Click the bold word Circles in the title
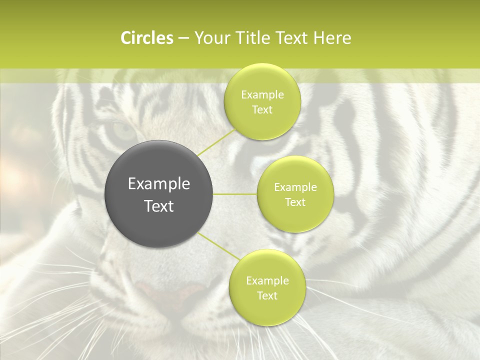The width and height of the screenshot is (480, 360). [147, 38]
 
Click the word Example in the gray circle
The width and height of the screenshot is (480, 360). [159, 184]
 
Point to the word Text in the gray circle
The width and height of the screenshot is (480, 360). [159, 206]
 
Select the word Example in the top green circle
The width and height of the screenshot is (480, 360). [262, 95]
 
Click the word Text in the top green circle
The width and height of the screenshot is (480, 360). [262, 110]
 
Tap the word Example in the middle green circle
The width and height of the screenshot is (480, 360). [295, 187]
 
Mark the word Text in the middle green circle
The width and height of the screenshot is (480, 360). [295, 202]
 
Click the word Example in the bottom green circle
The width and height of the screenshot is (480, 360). [267, 281]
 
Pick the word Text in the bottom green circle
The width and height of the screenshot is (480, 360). [267, 296]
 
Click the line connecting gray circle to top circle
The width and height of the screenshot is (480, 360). [217, 142]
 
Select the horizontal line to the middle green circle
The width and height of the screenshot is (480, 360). [235, 194]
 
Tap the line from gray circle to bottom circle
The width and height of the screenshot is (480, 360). [218, 246]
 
